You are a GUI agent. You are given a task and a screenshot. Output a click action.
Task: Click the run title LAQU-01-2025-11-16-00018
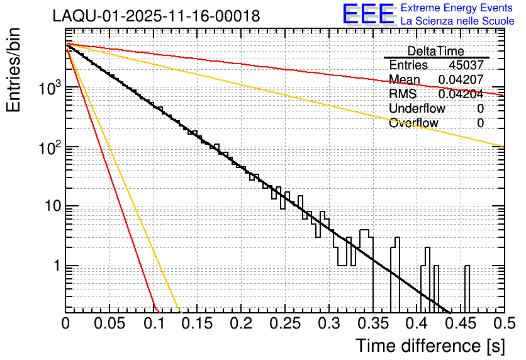156,16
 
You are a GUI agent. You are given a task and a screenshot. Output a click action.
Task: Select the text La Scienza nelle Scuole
457,21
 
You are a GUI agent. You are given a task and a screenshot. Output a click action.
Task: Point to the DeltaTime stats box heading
436,51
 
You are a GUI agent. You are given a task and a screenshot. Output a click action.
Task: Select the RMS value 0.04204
461,94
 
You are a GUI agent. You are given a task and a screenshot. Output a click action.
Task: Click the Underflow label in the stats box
417,108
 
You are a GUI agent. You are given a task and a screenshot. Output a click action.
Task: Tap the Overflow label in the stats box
413,123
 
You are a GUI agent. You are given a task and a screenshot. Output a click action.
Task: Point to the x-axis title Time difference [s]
430,346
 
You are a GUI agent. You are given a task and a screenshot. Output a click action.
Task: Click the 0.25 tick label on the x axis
284,325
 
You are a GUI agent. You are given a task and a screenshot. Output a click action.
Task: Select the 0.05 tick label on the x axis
109,325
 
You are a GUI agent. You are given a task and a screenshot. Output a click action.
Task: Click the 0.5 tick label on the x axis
502,325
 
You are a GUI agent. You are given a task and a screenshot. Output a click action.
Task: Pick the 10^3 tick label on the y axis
48,88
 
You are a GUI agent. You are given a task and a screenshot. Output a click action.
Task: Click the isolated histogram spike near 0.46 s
467,286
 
